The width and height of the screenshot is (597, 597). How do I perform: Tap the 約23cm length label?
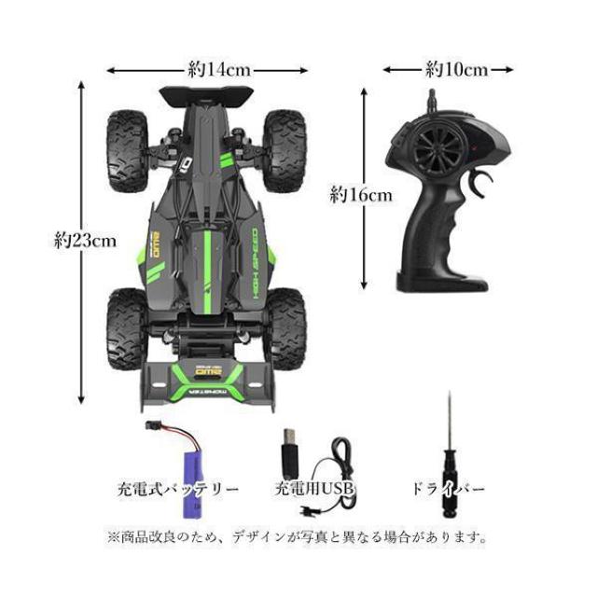point(85,240)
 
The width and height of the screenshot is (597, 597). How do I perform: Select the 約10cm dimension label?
point(457,68)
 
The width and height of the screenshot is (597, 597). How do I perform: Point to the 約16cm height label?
point(362,195)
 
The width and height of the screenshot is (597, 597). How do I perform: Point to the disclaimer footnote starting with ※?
point(298,537)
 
